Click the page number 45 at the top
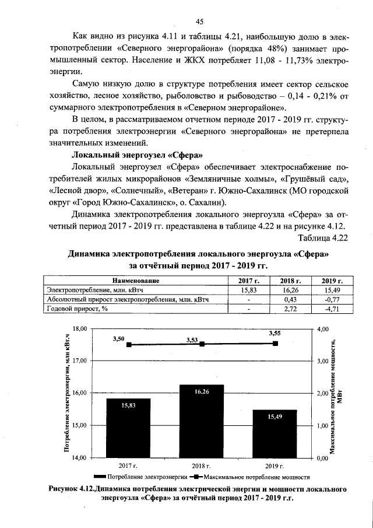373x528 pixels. click(x=199, y=22)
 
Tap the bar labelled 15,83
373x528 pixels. click(x=128, y=428)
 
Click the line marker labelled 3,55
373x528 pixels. click(x=275, y=344)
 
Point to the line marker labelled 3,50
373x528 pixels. click(x=129, y=345)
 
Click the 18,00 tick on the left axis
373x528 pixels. click(x=78, y=328)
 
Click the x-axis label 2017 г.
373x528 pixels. click(x=128, y=466)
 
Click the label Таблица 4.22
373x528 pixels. click(x=323, y=238)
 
